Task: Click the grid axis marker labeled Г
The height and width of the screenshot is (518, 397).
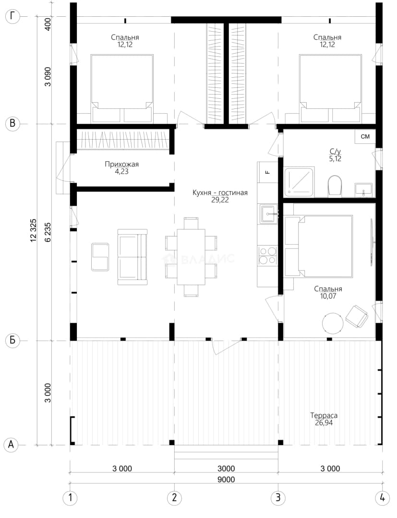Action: [x=12, y=16]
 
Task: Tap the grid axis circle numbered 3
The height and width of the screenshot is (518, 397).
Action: [x=277, y=497]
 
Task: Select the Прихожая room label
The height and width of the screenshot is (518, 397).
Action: [x=121, y=164]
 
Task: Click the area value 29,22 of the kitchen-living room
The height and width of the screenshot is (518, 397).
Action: [x=220, y=200]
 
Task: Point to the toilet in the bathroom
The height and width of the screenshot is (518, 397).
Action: [x=335, y=186]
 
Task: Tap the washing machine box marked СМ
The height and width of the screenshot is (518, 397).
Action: [x=365, y=136]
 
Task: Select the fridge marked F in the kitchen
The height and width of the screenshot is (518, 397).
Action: [x=267, y=172]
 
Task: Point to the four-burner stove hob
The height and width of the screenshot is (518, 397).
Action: [x=267, y=255]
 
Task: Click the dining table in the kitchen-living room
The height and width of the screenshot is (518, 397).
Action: [x=191, y=257]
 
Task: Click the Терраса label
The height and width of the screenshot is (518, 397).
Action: [x=324, y=415]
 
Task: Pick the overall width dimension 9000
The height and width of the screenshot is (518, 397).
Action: [x=226, y=479]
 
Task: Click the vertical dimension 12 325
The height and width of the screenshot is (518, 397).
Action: [x=34, y=230]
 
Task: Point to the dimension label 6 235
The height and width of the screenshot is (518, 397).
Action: [x=48, y=232]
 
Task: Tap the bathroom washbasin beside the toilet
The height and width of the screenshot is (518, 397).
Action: [x=363, y=190]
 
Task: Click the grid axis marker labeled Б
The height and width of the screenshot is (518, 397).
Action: [x=12, y=340]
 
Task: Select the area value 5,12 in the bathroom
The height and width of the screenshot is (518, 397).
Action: [x=335, y=159]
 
